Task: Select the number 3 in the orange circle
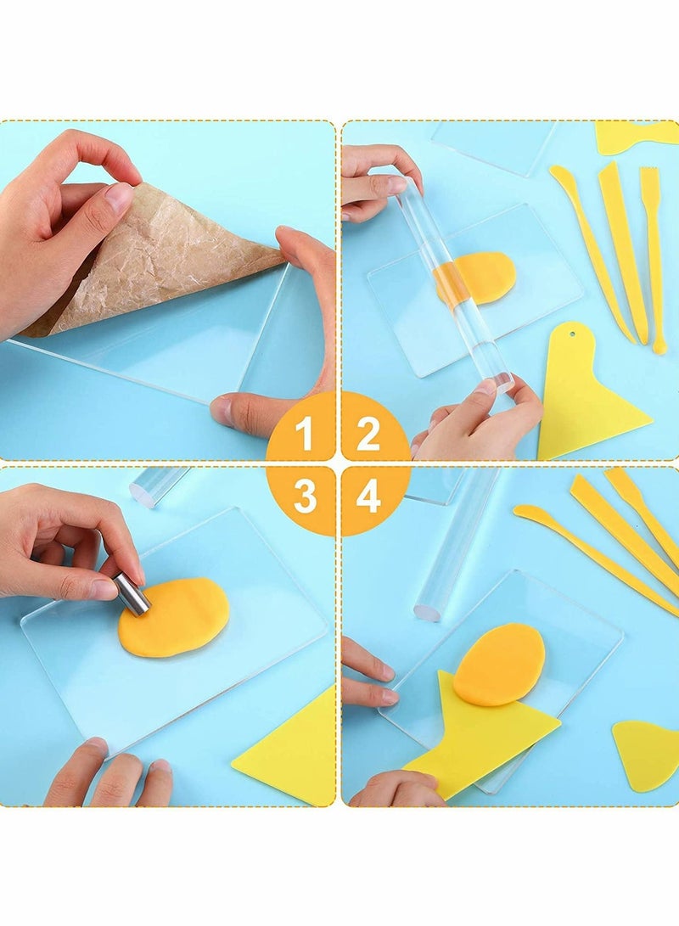pos(304,497)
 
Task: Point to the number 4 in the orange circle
pos(368,497)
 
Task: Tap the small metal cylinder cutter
pos(132,592)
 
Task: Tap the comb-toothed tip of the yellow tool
pos(649,178)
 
